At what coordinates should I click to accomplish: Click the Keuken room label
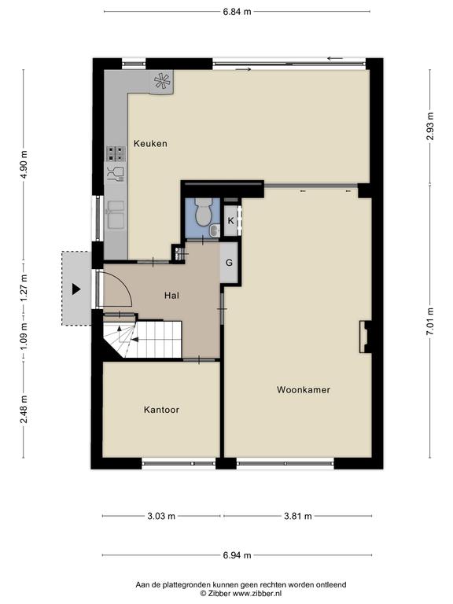coord(150,144)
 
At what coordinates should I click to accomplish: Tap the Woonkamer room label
coord(304,390)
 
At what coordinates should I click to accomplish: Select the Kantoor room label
coord(161,410)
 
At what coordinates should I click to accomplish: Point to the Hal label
coord(171,296)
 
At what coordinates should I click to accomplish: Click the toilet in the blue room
coord(202,212)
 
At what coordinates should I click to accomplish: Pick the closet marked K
coord(231,221)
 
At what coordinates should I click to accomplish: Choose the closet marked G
coord(229,263)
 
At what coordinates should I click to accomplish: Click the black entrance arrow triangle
coord(76,289)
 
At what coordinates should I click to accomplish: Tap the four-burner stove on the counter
coord(116,153)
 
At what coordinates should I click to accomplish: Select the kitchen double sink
coord(116,215)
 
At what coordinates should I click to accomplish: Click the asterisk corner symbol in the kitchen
coord(162,81)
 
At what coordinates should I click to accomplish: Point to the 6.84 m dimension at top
coord(237,12)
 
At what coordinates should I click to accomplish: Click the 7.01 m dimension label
coord(430,322)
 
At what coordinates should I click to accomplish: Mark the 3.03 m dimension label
coord(161,516)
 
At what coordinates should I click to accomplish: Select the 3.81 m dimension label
coord(298,516)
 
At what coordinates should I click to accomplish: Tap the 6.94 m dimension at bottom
coord(237,555)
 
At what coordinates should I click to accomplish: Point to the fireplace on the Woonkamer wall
coord(365,337)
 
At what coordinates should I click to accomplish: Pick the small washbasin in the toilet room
coord(214,230)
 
